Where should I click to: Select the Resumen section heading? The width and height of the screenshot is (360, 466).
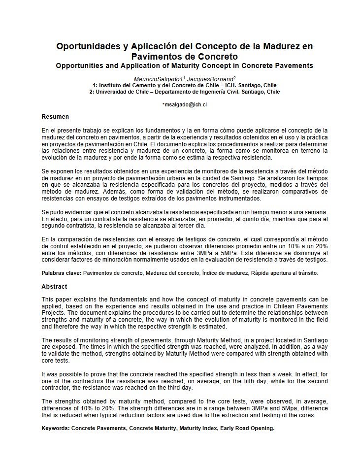click(x=55, y=117)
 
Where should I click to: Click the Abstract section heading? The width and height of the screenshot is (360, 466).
click(x=54, y=286)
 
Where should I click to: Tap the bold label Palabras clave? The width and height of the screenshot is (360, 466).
click(x=62, y=272)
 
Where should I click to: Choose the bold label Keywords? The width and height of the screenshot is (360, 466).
click(x=56, y=428)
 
